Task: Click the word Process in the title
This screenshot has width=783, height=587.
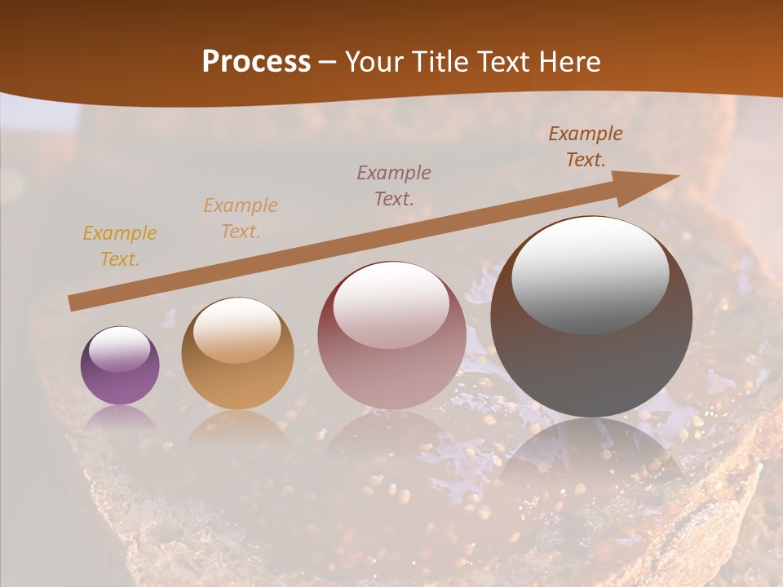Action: (x=256, y=62)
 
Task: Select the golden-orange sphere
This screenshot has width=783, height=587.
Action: (x=237, y=354)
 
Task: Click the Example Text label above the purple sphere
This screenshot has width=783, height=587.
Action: (x=120, y=246)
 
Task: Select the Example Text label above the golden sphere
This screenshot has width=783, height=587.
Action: (x=241, y=218)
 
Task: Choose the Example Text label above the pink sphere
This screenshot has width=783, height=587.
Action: (x=394, y=185)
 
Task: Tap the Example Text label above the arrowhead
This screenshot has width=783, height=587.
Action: (x=586, y=147)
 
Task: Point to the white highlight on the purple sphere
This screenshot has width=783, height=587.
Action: (x=119, y=349)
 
